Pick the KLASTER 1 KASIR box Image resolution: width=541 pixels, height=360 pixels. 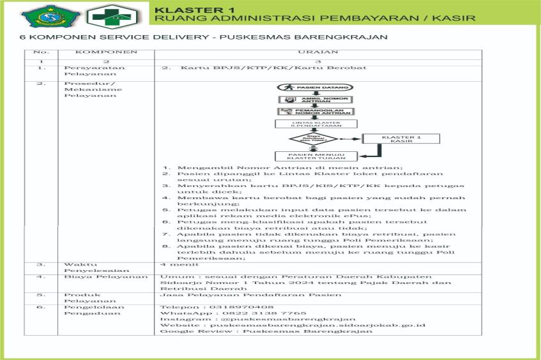401,139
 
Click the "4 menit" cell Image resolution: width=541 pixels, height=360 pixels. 171,263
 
